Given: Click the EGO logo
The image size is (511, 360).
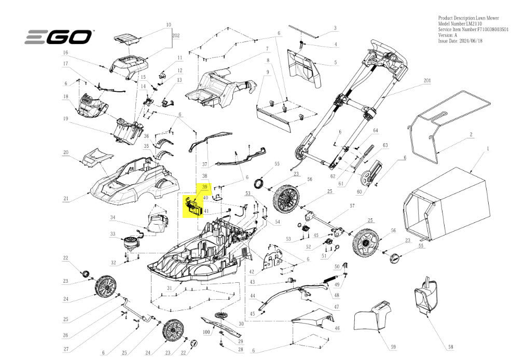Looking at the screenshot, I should pyautogui.click(x=58, y=37).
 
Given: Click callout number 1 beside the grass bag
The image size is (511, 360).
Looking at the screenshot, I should pyautogui.click(x=488, y=148).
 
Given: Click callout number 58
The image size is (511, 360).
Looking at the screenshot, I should pyautogui.click(x=450, y=347).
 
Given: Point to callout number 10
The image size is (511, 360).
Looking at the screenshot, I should pyautogui.click(x=169, y=24).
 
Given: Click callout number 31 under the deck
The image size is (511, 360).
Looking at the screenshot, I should pyautogui.click(x=169, y=288).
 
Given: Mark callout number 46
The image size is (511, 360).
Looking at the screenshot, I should pyautogui.click(x=337, y=328).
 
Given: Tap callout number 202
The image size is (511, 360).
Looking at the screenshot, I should pyautogui.click(x=176, y=36).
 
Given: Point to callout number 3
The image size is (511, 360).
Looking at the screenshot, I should pyautogui.click(x=335, y=28).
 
